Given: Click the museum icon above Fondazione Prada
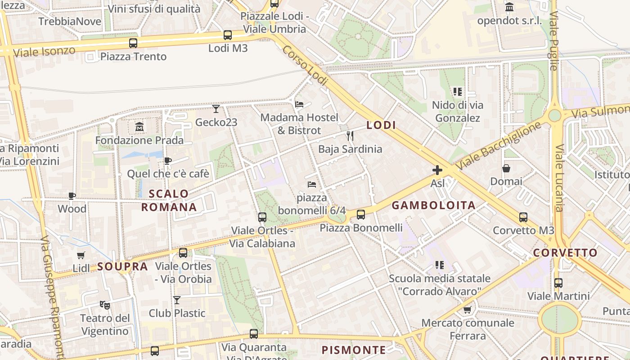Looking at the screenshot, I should tap(139, 127).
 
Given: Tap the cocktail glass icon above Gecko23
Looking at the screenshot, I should tap(216, 108).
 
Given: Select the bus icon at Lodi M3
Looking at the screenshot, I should tap(228, 35).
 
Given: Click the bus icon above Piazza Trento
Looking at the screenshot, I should tap(133, 43).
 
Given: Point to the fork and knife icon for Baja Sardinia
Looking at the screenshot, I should tap(350, 135).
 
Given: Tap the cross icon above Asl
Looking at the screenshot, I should tap(437, 170).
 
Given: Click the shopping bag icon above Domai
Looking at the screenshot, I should tap(506, 168).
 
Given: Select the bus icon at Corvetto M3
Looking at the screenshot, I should tap(523, 217).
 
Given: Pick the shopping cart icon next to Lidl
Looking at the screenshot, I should tap(81, 255).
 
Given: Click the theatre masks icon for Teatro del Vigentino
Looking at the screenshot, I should tap(105, 305).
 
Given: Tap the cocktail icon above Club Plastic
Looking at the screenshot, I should tap(177, 300).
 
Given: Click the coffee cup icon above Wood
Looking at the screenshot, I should tap(72, 196).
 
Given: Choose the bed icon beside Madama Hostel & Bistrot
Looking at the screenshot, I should tap(299, 104).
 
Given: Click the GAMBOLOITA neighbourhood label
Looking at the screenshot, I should tap(433, 206).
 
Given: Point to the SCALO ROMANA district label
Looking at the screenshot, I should tap(169, 200).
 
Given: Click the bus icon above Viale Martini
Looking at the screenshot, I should tap(558, 283).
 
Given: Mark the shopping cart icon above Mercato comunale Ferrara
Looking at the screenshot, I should tap(468, 310).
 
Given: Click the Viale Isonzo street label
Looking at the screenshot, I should tap(44, 52).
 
